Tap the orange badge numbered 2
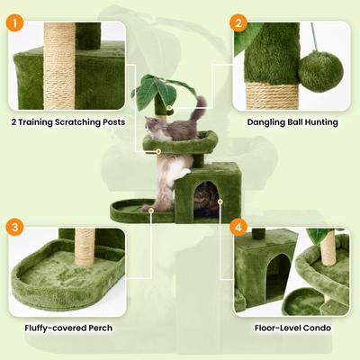[238, 23]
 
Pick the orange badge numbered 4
[238, 229]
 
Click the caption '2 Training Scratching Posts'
[68, 121]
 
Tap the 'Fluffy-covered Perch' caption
[68, 328]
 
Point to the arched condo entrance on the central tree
[207, 195]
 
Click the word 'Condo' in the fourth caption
[316, 328]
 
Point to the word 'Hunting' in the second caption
[317, 121]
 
